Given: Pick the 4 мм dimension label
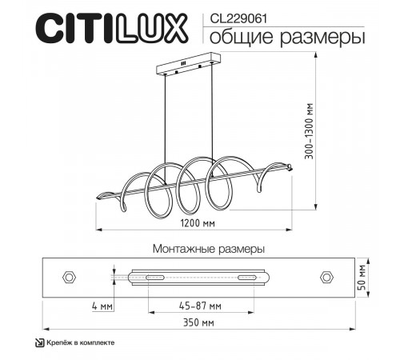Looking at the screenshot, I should point(103,306).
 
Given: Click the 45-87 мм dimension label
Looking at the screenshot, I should point(201,306).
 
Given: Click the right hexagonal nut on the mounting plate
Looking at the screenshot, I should point(326,277).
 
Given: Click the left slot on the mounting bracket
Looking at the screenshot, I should point(150,278).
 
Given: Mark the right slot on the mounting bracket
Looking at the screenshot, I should point(246,278).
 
